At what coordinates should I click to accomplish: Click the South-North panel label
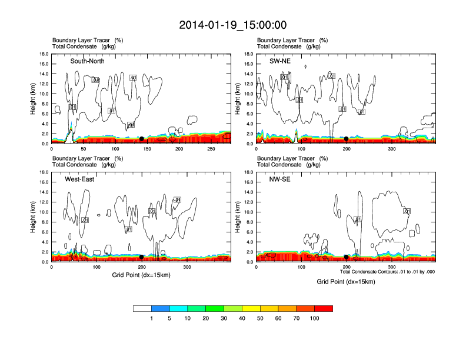[x=88, y=61]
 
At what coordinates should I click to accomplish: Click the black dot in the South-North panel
[x=141, y=139]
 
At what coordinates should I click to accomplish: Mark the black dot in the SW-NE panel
[x=347, y=139]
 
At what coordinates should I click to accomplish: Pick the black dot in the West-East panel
[x=142, y=257]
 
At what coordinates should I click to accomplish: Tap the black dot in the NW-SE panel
[x=347, y=257]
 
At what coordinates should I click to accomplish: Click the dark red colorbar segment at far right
[x=324, y=308]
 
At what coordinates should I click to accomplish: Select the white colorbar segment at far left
[x=142, y=308]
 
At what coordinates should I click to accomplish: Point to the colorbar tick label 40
[x=242, y=318]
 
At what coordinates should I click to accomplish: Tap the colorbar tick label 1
[x=152, y=318]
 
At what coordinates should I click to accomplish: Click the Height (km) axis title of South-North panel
[x=33, y=99]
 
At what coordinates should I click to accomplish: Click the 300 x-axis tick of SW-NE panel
[x=392, y=149]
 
